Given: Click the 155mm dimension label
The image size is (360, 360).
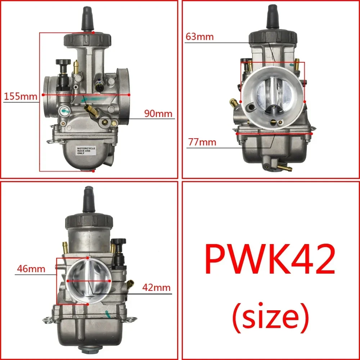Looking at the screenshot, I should click(x=21, y=96).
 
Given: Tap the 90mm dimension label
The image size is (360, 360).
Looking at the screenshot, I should click(x=158, y=114).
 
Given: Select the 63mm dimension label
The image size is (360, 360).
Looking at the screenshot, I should click(x=200, y=36).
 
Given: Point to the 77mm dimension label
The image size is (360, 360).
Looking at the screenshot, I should click(x=202, y=142).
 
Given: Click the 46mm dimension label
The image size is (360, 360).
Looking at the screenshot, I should click(x=30, y=269).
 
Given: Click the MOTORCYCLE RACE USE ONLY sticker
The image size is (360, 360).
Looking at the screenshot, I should click(x=86, y=150).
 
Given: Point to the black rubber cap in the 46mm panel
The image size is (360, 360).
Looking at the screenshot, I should click(x=89, y=200).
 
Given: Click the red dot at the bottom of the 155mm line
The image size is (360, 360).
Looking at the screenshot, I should click(x=93, y=171).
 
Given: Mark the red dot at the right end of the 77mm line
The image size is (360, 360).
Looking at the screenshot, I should click(x=312, y=133).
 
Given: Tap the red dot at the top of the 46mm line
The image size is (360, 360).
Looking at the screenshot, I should click(x=88, y=258).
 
